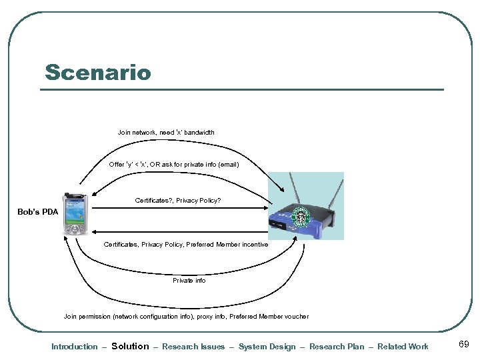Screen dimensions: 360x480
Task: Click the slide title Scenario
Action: pos(98,72)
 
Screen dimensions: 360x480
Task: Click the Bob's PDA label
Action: pos(38,212)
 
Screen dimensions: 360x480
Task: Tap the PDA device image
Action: pos(75,214)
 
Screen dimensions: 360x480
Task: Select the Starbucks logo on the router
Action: pos(303,218)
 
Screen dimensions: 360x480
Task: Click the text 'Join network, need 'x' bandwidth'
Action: pos(166,133)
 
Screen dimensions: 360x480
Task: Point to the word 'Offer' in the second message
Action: pos(117,164)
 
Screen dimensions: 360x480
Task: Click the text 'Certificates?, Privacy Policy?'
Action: pos(177,200)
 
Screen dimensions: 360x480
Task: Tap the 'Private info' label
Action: pos(189,281)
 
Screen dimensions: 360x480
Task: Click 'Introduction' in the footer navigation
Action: pos(75,347)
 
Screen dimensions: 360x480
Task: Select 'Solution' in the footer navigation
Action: pos(130,346)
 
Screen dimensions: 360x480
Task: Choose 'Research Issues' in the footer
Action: pos(193,347)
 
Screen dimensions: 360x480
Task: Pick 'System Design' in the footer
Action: pos(267,347)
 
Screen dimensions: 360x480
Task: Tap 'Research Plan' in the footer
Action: pos(337,347)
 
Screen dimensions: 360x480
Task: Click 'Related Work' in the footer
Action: pos(403,347)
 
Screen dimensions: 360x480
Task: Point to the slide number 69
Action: pos(464,345)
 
